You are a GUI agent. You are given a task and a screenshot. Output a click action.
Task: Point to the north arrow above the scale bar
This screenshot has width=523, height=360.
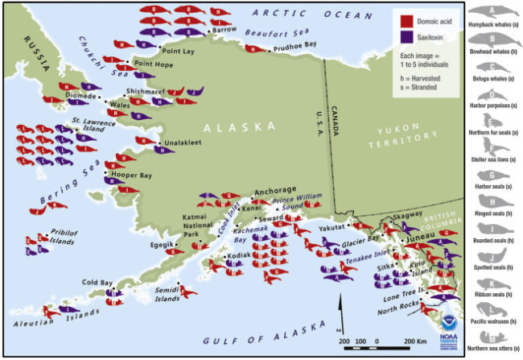pyautogui.click(x=339, y=310)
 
